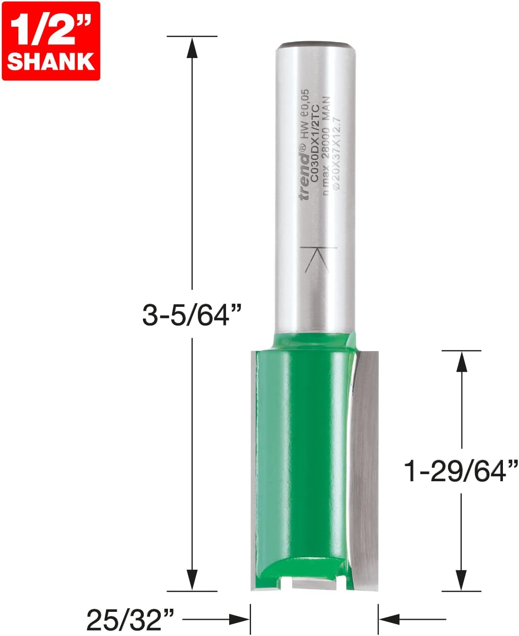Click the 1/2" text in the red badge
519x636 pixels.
[50, 29]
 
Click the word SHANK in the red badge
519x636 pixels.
[50, 61]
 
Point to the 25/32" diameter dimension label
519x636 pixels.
[130, 619]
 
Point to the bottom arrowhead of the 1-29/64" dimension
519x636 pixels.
[461, 580]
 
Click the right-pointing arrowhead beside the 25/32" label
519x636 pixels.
[239, 619]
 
